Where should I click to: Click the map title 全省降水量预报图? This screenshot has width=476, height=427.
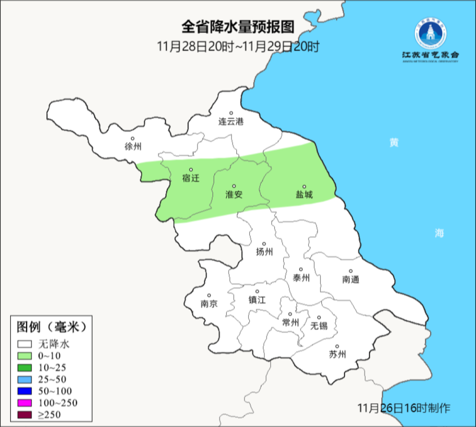(x=238, y=27)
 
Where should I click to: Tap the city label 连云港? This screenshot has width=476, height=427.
(x=231, y=122)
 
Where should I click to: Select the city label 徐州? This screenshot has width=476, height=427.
(x=133, y=147)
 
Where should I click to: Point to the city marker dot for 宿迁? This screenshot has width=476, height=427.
(x=191, y=169)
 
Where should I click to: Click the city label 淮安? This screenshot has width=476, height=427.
(x=234, y=194)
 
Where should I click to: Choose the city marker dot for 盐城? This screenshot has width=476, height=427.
(x=304, y=186)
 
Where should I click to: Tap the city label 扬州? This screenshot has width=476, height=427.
(x=264, y=252)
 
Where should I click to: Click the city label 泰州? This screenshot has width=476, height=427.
(x=301, y=278)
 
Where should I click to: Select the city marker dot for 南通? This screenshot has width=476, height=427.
(x=351, y=271)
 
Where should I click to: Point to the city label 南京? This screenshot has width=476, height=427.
(x=209, y=304)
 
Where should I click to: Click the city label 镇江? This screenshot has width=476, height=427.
(x=257, y=300)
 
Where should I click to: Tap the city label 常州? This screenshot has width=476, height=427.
(x=290, y=322)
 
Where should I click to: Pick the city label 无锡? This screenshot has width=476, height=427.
(x=319, y=326)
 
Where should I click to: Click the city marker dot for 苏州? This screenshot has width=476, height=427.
(x=337, y=346)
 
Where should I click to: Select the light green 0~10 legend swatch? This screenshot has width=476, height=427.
(x=25, y=356)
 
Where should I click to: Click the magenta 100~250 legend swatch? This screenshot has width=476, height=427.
(x=25, y=403)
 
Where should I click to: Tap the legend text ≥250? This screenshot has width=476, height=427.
(x=49, y=414)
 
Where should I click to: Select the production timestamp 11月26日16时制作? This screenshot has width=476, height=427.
(x=404, y=408)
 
